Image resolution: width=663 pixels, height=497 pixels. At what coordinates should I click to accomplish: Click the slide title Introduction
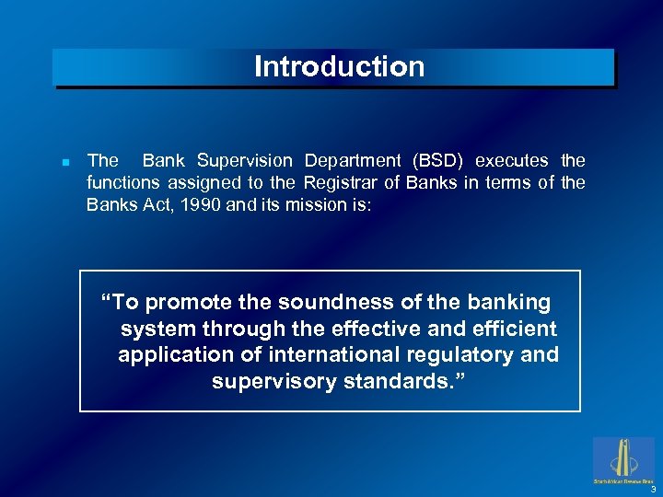click(339, 67)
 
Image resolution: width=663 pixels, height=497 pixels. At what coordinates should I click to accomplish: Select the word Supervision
click(246, 161)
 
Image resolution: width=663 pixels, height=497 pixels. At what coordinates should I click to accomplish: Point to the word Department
click(355, 161)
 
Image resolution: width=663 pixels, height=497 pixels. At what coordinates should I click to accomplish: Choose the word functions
click(124, 182)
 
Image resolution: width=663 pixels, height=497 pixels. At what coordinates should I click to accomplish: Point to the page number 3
click(652, 489)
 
